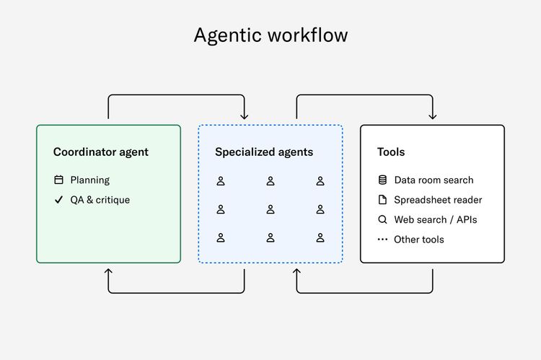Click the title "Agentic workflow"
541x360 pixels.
[270, 35]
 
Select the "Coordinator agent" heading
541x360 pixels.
[101, 152]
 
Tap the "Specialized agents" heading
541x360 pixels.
[264, 152]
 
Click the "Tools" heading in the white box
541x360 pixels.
[391, 152]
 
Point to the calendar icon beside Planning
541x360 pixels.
[58, 180]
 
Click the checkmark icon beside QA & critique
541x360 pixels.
[58, 200]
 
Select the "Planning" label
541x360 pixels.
[90, 180]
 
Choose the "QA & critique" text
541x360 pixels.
[100, 200]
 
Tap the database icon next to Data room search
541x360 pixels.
[382, 180]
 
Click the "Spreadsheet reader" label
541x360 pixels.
[438, 200]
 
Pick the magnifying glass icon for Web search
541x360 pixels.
[382, 219]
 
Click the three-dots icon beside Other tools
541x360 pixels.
[382, 240]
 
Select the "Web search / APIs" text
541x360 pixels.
[436, 219]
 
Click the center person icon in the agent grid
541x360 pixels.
[270, 209]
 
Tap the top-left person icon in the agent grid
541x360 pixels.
[221, 181]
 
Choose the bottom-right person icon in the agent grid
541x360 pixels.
[320, 237]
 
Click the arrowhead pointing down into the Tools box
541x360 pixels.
[433, 116]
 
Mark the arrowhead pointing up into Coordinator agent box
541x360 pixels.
[108, 272]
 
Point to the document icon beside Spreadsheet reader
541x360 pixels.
[382, 200]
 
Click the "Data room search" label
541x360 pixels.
[434, 180]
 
